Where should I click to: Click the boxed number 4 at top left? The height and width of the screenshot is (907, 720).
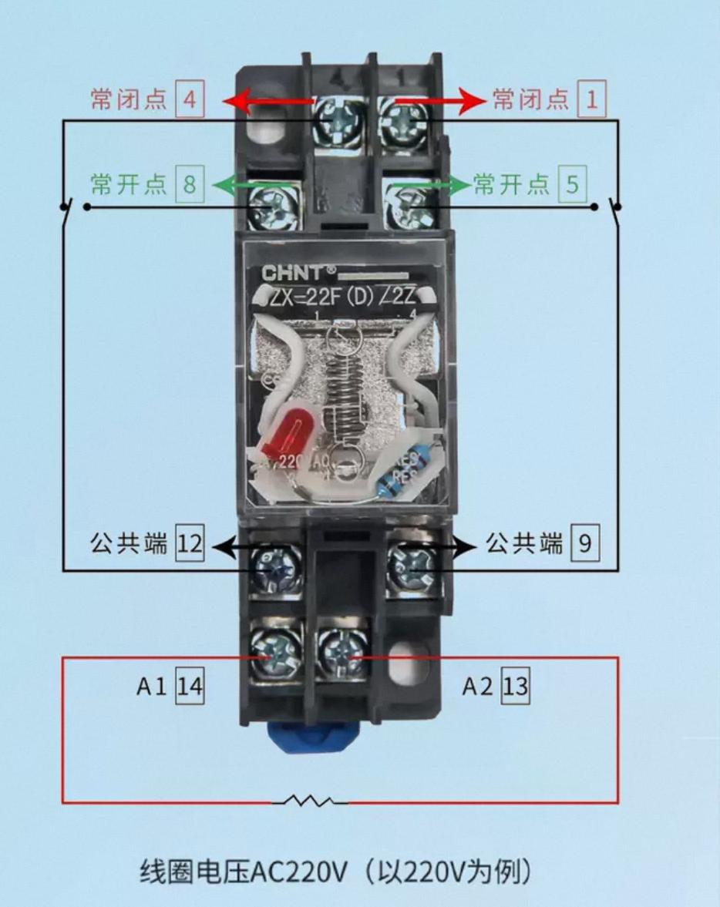click(x=190, y=100)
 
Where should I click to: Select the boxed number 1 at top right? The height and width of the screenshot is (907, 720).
click(x=592, y=99)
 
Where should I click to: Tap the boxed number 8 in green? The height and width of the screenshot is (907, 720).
click(x=190, y=185)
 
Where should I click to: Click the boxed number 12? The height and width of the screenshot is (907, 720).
click(x=190, y=546)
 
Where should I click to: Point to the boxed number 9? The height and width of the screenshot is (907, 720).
click(x=584, y=545)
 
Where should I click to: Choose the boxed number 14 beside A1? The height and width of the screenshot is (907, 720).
click(x=190, y=686)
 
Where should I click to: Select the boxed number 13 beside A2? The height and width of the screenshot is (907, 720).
click(x=516, y=686)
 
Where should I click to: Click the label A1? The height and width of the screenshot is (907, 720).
click(x=151, y=687)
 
